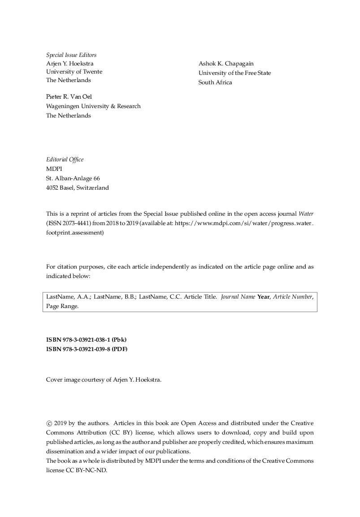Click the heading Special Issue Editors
click(71, 55)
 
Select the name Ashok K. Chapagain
click(226, 64)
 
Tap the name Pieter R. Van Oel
click(69, 97)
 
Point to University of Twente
click(74, 72)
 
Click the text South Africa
click(215, 83)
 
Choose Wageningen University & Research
click(93, 106)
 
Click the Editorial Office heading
click(65, 160)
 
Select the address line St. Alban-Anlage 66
click(73, 178)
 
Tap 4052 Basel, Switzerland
click(77, 188)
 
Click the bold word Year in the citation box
click(264, 297)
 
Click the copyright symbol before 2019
click(49, 423)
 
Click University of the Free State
click(234, 73)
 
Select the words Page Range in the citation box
click(62, 307)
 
